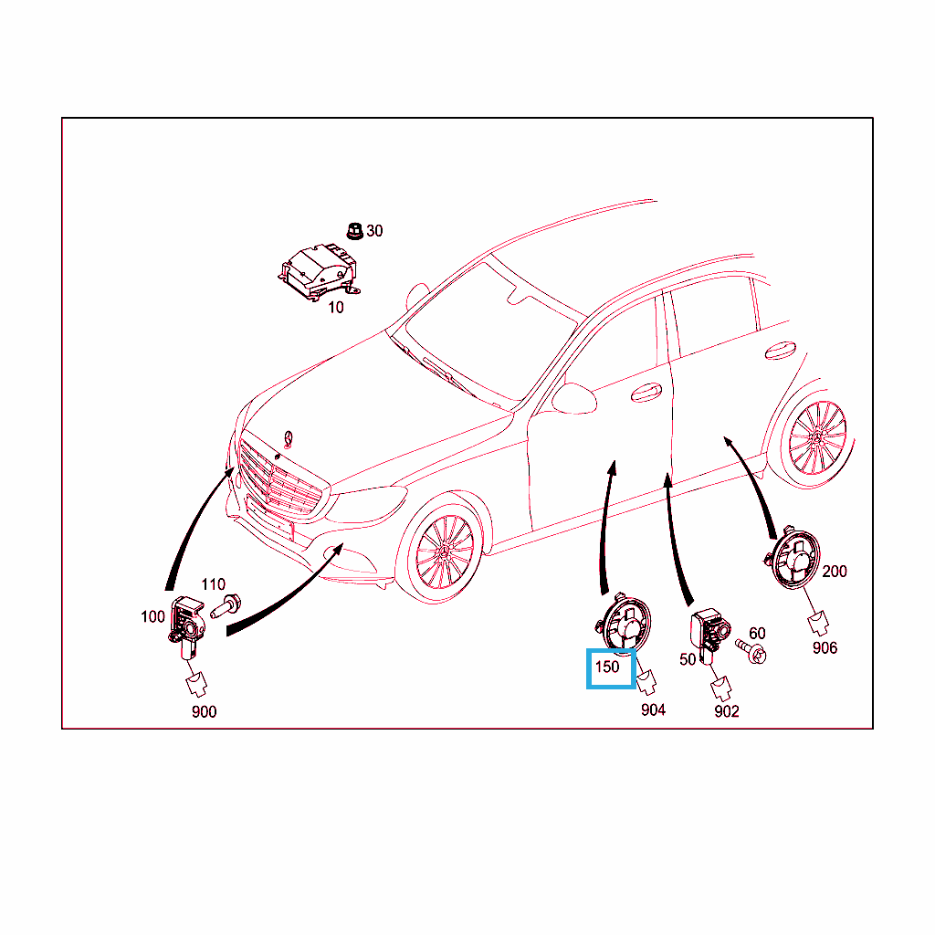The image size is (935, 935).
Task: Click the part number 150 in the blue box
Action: pyautogui.click(x=607, y=667)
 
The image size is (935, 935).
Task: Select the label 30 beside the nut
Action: pyautogui.click(x=374, y=231)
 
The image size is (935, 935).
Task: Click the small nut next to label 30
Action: pyautogui.click(x=355, y=231)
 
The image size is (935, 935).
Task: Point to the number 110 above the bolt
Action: pyautogui.click(x=214, y=584)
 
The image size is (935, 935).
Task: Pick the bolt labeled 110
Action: pyautogui.click(x=226, y=606)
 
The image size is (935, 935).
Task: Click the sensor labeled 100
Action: pyautogui.click(x=186, y=627)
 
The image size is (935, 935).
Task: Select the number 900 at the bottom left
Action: pyautogui.click(x=204, y=711)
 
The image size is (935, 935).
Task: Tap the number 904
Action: pyautogui.click(x=653, y=709)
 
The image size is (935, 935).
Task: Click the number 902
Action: pyautogui.click(x=726, y=711)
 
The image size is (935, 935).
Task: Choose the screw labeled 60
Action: pyautogui.click(x=752, y=651)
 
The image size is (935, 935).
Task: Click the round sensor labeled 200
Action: pyautogui.click(x=793, y=559)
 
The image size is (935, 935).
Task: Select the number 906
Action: pyautogui.click(x=825, y=647)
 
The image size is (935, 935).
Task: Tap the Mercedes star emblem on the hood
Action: pyautogui.click(x=289, y=439)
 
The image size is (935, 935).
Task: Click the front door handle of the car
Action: pyautogui.click(x=646, y=392)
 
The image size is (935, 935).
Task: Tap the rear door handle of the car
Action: pyautogui.click(x=780, y=351)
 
